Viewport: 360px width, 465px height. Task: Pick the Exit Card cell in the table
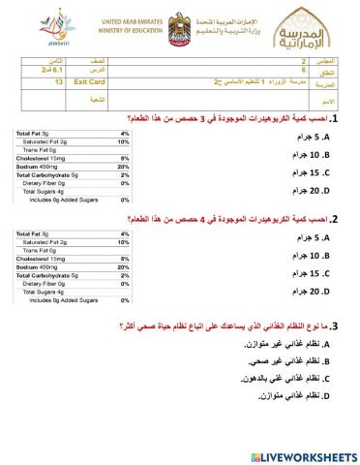point(90,83)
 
